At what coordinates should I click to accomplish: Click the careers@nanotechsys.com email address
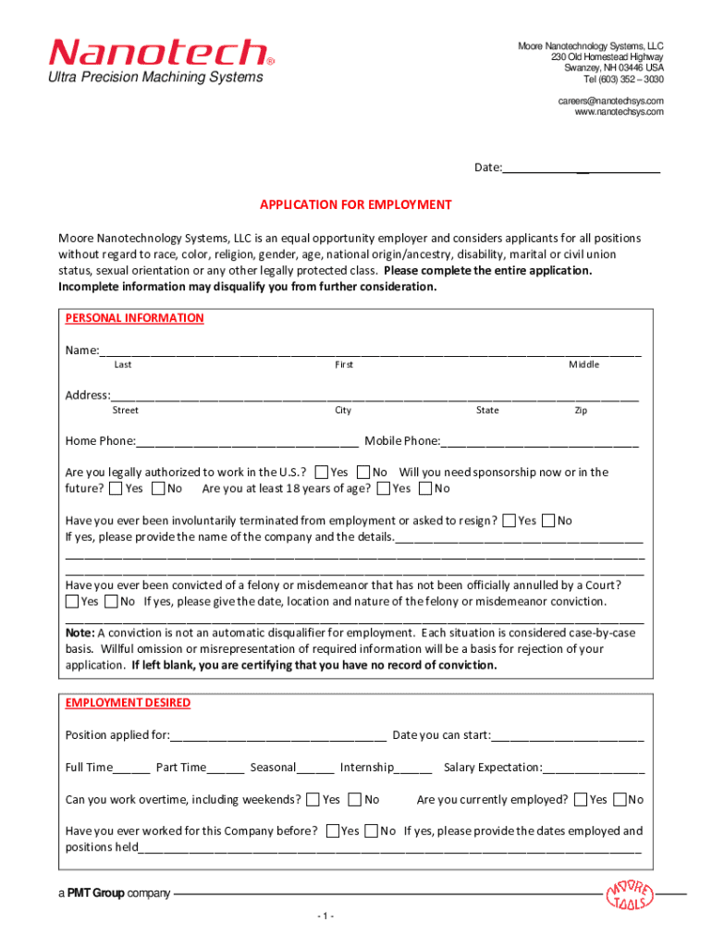click(x=610, y=100)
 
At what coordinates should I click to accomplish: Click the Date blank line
click(x=582, y=167)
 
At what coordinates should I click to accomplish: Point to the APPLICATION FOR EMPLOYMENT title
click(x=355, y=204)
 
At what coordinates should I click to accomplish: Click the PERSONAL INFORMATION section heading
click(x=134, y=318)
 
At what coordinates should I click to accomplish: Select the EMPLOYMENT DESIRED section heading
click(x=128, y=703)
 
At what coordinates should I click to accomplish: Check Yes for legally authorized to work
click(x=322, y=473)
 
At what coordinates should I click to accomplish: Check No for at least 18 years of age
click(x=425, y=488)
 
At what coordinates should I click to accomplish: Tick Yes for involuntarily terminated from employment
click(x=509, y=521)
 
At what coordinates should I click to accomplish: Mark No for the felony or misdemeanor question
click(x=111, y=602)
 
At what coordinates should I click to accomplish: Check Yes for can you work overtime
click(x=313, y=800)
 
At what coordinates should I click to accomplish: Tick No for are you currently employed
click(x=620, y=800)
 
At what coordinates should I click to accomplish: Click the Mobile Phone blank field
click(x=540, y=442)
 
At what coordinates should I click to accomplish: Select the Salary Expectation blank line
click(x=594, y=768)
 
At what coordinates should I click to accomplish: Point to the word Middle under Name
click(x=583, y=364)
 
